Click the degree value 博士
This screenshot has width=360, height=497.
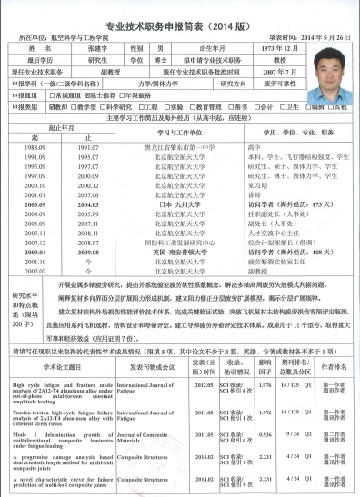(163, 57)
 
